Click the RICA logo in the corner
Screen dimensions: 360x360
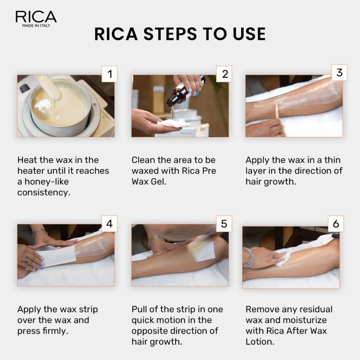click(36, 18)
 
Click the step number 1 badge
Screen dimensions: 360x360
click(109, 74)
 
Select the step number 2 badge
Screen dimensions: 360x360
click(224, 74)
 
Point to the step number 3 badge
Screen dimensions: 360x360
click(339, 72)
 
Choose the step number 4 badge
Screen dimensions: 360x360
click(109, 224)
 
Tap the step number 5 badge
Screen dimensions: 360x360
click(224, 224)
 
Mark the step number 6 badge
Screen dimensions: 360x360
click(336, 224)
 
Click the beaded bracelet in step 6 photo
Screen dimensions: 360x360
click(248, 257)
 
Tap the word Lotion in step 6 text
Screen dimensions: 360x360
click(260, 342)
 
